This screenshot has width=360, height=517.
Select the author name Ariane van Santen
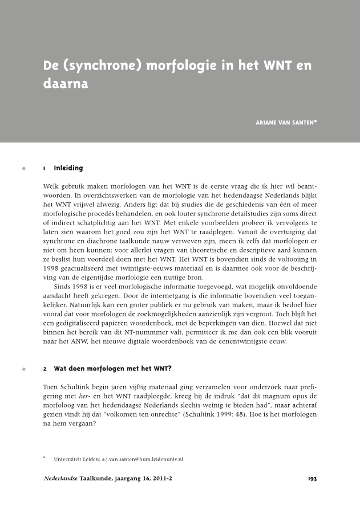tap(285, 121)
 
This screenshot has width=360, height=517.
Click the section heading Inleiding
tap(68, 168)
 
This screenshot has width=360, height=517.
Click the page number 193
tap(312, 479)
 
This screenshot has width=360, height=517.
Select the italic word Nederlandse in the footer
tap(61, 479)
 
